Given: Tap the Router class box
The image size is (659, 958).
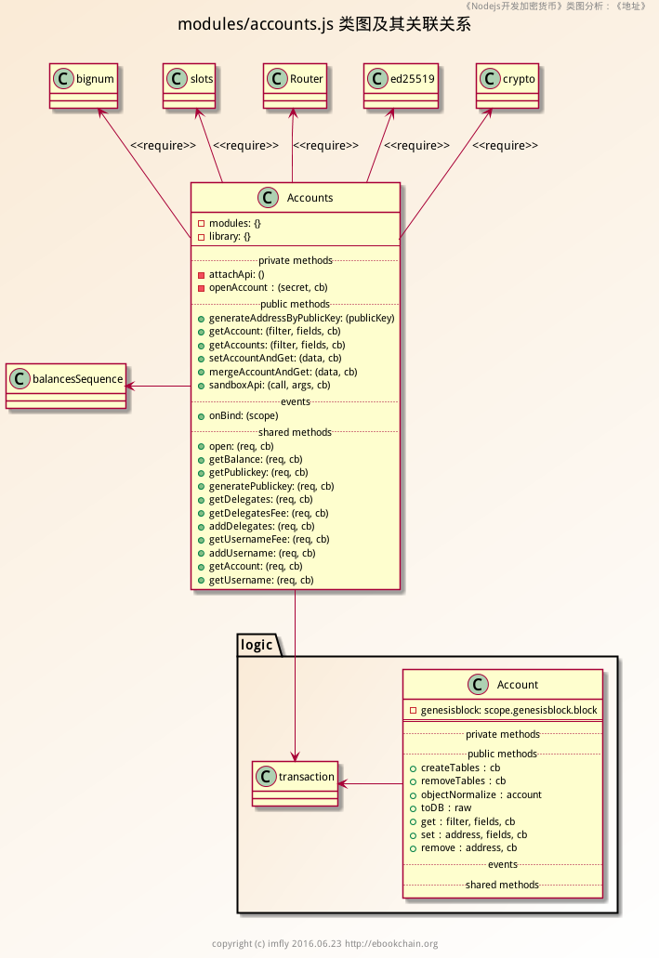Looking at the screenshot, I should pyautogui.click(x=294, y=86).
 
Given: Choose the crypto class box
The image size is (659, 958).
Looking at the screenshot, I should pyautogui.click(x=507, y=86).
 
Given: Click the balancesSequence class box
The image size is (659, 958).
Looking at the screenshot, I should pyautogui.click(x=65, y=387).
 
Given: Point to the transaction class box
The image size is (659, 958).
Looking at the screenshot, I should pyautogui.click(x=296, y=783).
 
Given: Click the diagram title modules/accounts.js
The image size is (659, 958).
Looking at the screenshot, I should pyautogui.click(x=324, y=24).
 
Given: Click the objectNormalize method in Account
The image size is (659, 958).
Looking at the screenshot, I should pyautogui.click(x=481, y=794).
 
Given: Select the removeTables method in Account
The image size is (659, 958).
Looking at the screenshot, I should pyautogui.click(x=463, y=781).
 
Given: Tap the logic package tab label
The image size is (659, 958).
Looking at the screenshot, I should pyautogui.click(x=257, y=645).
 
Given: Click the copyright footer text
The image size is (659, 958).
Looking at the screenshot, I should pyautogui.click(x=324, y=944).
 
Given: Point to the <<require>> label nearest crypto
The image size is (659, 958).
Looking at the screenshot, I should pyautogui.click(x=505, y=146).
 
